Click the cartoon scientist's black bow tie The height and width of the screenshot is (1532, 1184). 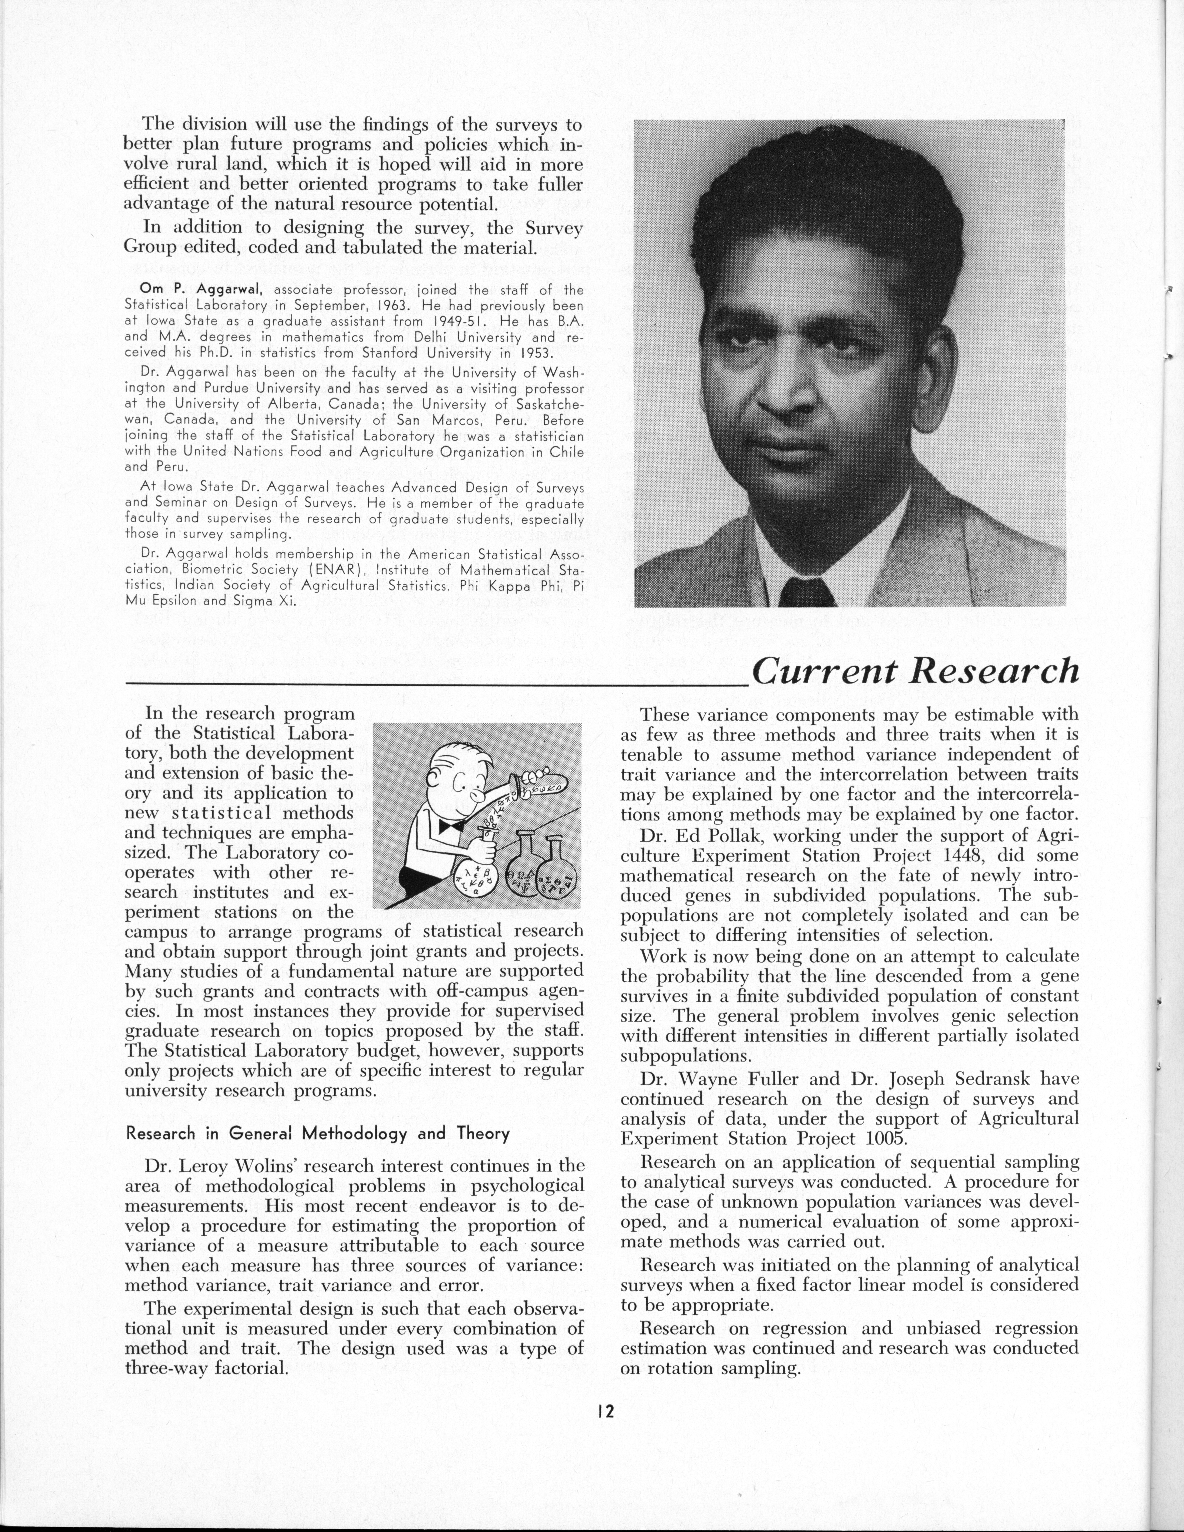coord(449,828)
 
